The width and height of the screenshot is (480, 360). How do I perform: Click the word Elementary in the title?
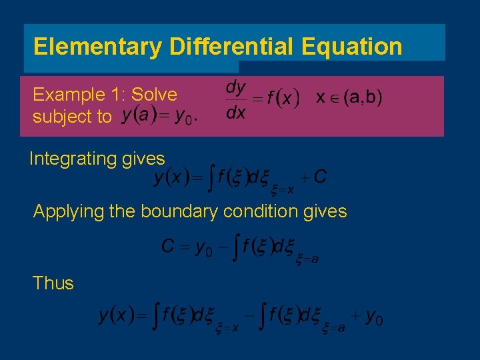pos(97,47)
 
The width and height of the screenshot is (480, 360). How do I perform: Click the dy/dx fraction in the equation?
pos(235,99)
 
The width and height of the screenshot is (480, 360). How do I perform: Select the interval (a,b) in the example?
pos(359,97)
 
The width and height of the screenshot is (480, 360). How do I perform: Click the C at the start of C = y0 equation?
pos(168,247)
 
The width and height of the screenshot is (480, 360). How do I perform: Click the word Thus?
pos(53,283)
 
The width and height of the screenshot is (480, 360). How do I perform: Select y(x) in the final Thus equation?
pos(113,315)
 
